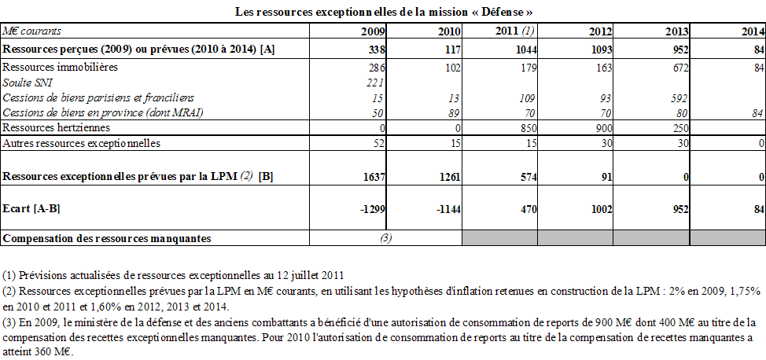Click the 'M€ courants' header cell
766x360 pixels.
pyautogui.click(x=32, y=31)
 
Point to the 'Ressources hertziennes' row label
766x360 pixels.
pyautogui.click(x=56, y=127)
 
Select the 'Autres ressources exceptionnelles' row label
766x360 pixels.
pyautogui.click(x=82, y=143)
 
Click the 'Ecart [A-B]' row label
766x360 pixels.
pyautogui.click(x=32, y=208)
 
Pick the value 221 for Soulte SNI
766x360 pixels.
pyautogui.click(x=376, y=83)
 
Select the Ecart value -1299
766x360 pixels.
pyautogui.click(x=370, y=208)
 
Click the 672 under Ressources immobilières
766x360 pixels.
pyautogui.click(x=680, y=68)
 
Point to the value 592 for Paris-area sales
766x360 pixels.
pyautogui.click(x=680, y=97)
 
